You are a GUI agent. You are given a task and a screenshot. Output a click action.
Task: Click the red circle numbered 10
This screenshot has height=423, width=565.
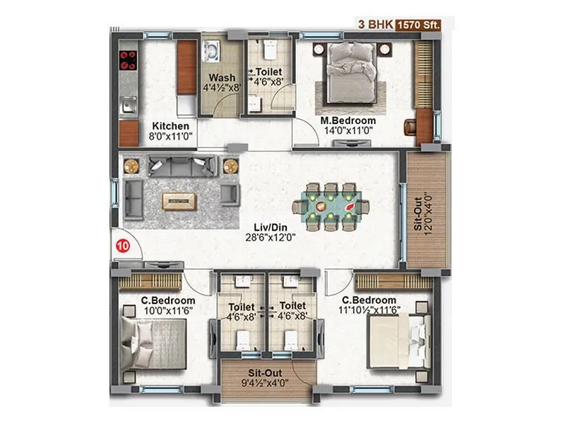[123, 247]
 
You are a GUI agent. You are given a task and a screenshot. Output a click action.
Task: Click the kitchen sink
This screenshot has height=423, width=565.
[128, 106]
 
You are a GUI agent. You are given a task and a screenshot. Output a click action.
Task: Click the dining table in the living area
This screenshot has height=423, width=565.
[331, 207]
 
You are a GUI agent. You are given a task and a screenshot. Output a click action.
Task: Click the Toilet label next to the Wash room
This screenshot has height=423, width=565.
[268, 72]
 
